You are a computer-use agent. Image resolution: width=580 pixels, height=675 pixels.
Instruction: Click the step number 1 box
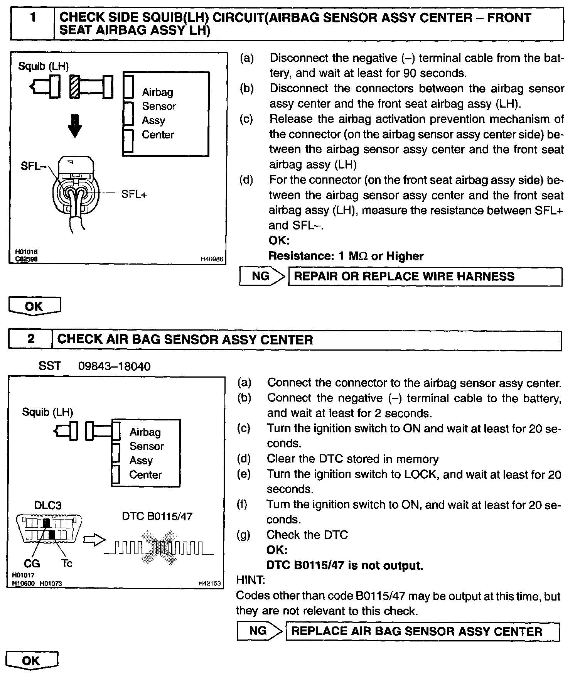[33, 24]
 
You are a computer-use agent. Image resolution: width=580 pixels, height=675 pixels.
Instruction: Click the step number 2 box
[30, 339]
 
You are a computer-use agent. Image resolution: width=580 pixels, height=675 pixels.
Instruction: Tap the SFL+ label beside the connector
[134, 194]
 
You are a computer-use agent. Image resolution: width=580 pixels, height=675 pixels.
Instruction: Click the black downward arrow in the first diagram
[75, 126]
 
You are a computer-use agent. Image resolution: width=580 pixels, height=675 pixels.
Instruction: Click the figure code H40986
[212, 260]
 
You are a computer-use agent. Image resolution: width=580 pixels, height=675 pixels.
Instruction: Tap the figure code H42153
[209, 584]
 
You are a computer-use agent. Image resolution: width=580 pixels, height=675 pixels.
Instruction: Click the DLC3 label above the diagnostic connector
[48, 505]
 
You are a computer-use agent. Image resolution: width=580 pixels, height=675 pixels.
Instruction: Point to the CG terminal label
[32, 564]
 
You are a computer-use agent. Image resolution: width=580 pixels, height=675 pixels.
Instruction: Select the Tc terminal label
[67, 564]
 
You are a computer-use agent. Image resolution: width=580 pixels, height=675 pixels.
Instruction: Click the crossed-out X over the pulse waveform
[159, 548]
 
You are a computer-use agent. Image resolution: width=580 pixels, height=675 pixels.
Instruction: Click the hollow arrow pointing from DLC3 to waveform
[94, 540]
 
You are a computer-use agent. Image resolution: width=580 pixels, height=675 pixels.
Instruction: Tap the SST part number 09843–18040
[114, 366]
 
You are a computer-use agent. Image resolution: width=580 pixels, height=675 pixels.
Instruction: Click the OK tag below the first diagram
[34, 306]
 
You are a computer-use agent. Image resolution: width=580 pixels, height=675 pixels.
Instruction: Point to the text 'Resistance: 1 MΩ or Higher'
[346, 256]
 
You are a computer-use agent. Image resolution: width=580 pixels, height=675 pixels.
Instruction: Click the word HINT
[250, 580]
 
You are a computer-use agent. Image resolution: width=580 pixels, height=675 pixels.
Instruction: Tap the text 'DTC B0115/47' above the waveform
[157, 516]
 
